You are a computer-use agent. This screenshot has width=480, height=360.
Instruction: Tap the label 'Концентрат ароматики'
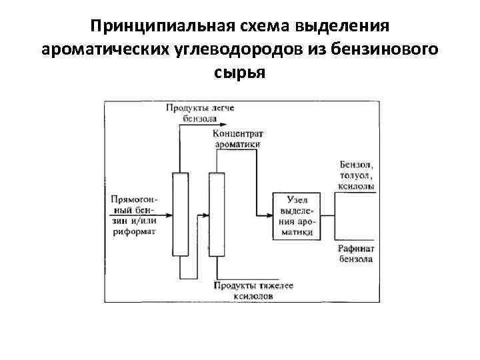tap(238, 139)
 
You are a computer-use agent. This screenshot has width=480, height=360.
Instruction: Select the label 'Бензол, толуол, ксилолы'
tap(357, 175)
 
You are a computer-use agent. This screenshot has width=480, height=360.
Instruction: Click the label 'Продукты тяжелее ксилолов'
tap(253, 290)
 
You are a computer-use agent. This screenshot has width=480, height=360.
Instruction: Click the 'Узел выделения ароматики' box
tap(297, 216)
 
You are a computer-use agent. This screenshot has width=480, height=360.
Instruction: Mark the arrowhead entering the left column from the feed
tap(169, 215)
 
